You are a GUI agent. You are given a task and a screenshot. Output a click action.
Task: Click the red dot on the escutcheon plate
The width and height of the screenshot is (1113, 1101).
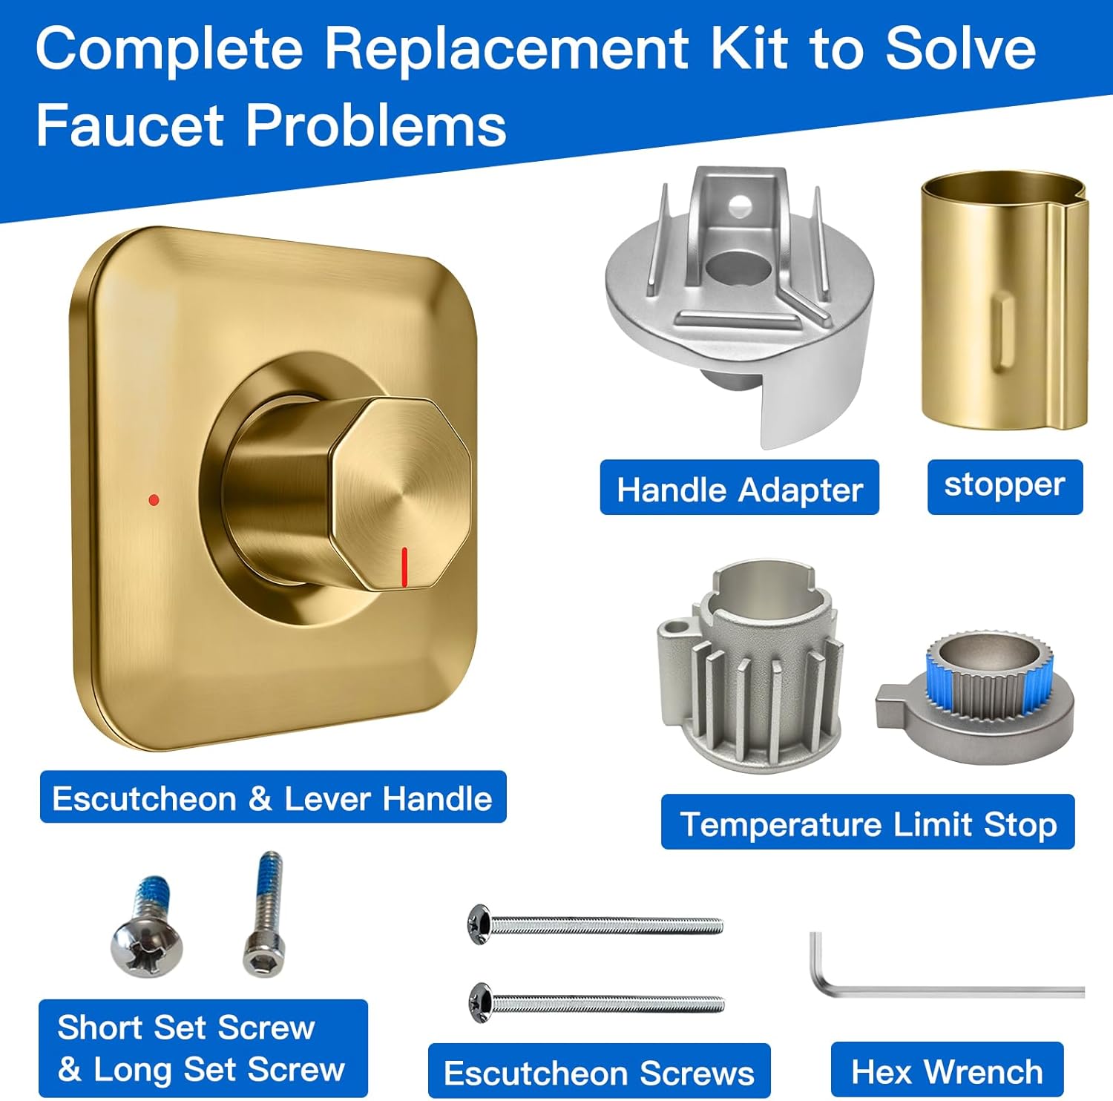pos(154,500)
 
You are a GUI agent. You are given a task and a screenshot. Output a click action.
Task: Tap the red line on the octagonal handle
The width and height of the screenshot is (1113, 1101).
pos(404,568)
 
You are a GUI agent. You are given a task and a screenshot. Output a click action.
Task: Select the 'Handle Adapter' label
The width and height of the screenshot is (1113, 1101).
pos(739,488)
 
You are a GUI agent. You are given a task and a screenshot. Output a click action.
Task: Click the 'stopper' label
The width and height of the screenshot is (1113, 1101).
pos(1005,487)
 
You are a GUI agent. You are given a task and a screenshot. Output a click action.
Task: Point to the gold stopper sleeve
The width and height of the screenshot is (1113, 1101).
pos(1003,304)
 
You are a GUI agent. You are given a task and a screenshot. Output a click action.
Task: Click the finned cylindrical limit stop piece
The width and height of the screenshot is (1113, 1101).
pos(749,668)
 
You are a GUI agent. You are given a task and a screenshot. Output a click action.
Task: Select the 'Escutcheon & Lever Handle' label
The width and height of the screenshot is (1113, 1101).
pos(272,798)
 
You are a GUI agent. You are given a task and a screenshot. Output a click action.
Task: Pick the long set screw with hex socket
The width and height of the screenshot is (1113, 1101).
pos(265,916)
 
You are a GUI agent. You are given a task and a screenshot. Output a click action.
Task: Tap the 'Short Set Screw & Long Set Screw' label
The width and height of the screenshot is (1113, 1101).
pos(203,1048)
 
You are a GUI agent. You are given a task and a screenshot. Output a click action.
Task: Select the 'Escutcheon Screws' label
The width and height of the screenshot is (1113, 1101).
pos(599,1072)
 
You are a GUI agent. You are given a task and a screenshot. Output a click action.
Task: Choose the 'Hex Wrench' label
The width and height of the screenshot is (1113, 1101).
pos(947,1071)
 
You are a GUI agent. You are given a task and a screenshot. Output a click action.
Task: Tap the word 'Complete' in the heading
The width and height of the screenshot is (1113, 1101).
pos(169,49)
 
